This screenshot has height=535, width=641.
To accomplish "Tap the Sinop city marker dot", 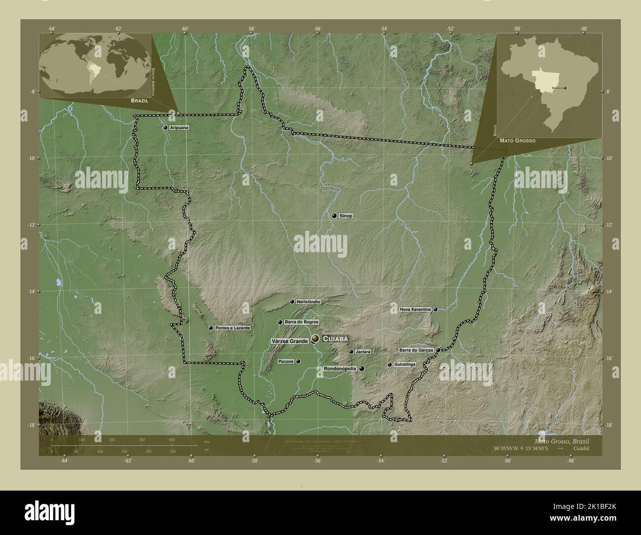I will click(334, 216).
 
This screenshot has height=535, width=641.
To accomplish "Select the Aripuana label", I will click(179, 127).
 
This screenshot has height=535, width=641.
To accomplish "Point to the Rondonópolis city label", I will click(340, 369).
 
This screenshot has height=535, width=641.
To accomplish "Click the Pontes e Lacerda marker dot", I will click(211, 328).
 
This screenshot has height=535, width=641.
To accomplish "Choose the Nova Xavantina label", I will click(416, 309).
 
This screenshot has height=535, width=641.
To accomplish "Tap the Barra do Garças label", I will click(416, 350).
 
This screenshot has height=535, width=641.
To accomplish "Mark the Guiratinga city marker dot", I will click(390, 365).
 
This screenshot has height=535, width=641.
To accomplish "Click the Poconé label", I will click(286, 361).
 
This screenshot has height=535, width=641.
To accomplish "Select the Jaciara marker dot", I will click(351, 352).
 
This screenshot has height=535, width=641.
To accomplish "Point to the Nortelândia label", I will click(309, 302).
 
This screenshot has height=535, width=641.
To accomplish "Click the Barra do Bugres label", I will click(301, 322).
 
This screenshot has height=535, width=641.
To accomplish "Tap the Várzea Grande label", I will click(289, 341).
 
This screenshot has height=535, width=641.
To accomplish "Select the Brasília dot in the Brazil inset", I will click(565, 88).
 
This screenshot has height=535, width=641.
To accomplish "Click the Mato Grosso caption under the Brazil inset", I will click(517, 141).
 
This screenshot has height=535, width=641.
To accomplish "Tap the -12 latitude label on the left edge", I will click(32, 225).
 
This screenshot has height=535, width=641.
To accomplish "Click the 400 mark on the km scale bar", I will click(172, 439).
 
